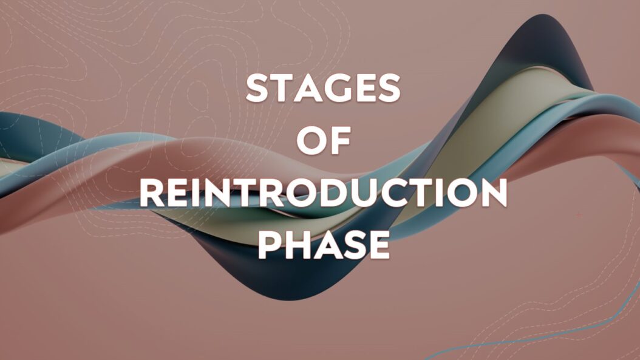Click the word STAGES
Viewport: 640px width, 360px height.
click(323, 89)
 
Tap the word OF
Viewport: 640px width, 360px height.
click(324, 142)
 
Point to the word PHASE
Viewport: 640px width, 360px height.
click(324, 246)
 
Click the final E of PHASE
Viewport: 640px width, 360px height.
click(376, 246)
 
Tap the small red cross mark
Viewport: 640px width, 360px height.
click(578, 215)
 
